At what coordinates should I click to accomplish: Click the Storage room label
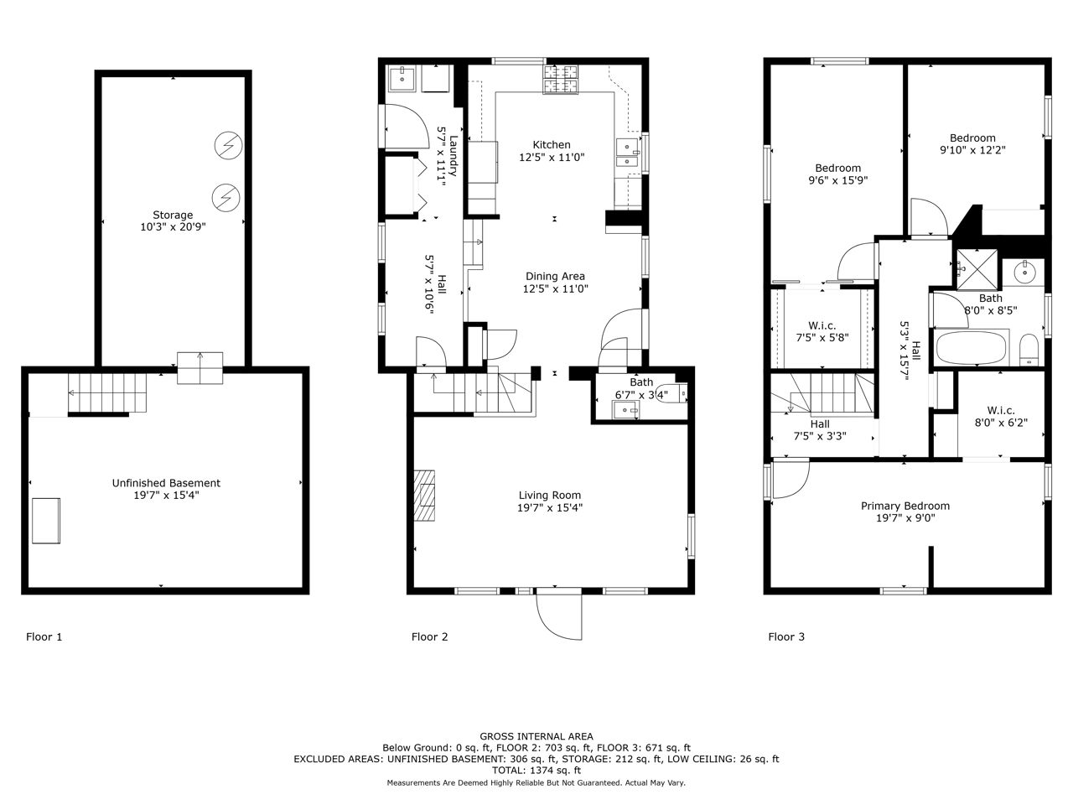click(173, 215)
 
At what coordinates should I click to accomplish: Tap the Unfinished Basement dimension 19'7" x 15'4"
click(166, 495)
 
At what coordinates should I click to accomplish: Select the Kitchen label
click(552, 145)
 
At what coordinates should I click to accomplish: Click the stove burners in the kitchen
click(560, 79)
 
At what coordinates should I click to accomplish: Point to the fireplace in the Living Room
click(424, 496)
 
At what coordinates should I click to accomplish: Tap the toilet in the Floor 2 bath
click(672, 393)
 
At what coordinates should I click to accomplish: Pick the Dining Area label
click(555, 276)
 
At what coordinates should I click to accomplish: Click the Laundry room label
click(454, 155)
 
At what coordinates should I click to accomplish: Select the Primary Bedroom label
click(905, 506)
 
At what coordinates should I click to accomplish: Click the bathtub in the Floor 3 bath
click(971, 348)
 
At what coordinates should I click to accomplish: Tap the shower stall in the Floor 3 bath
click(977, 269)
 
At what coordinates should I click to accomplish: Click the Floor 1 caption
click(44, 636)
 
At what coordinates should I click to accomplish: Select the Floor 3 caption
click(786, 636)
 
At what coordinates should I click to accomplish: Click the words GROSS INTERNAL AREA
click(536, 736)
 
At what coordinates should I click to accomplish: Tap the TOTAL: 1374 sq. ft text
click(536, 771)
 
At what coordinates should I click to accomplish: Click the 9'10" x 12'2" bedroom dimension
click(972, 150)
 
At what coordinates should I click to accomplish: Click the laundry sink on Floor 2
click(402, 79)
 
